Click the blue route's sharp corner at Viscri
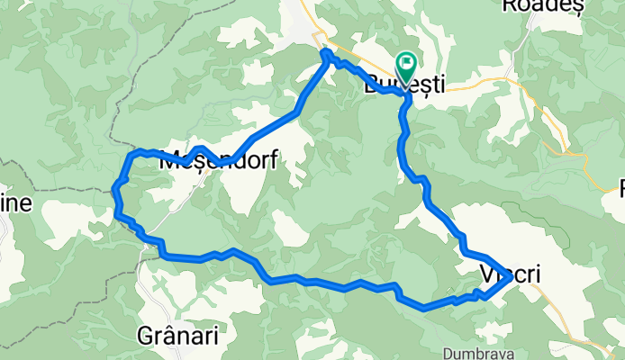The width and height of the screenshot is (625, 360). (x=512, y=279)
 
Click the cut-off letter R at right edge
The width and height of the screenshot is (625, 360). (x=620, y=188)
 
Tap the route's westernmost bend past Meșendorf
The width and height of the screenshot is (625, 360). (x=115, y=186)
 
